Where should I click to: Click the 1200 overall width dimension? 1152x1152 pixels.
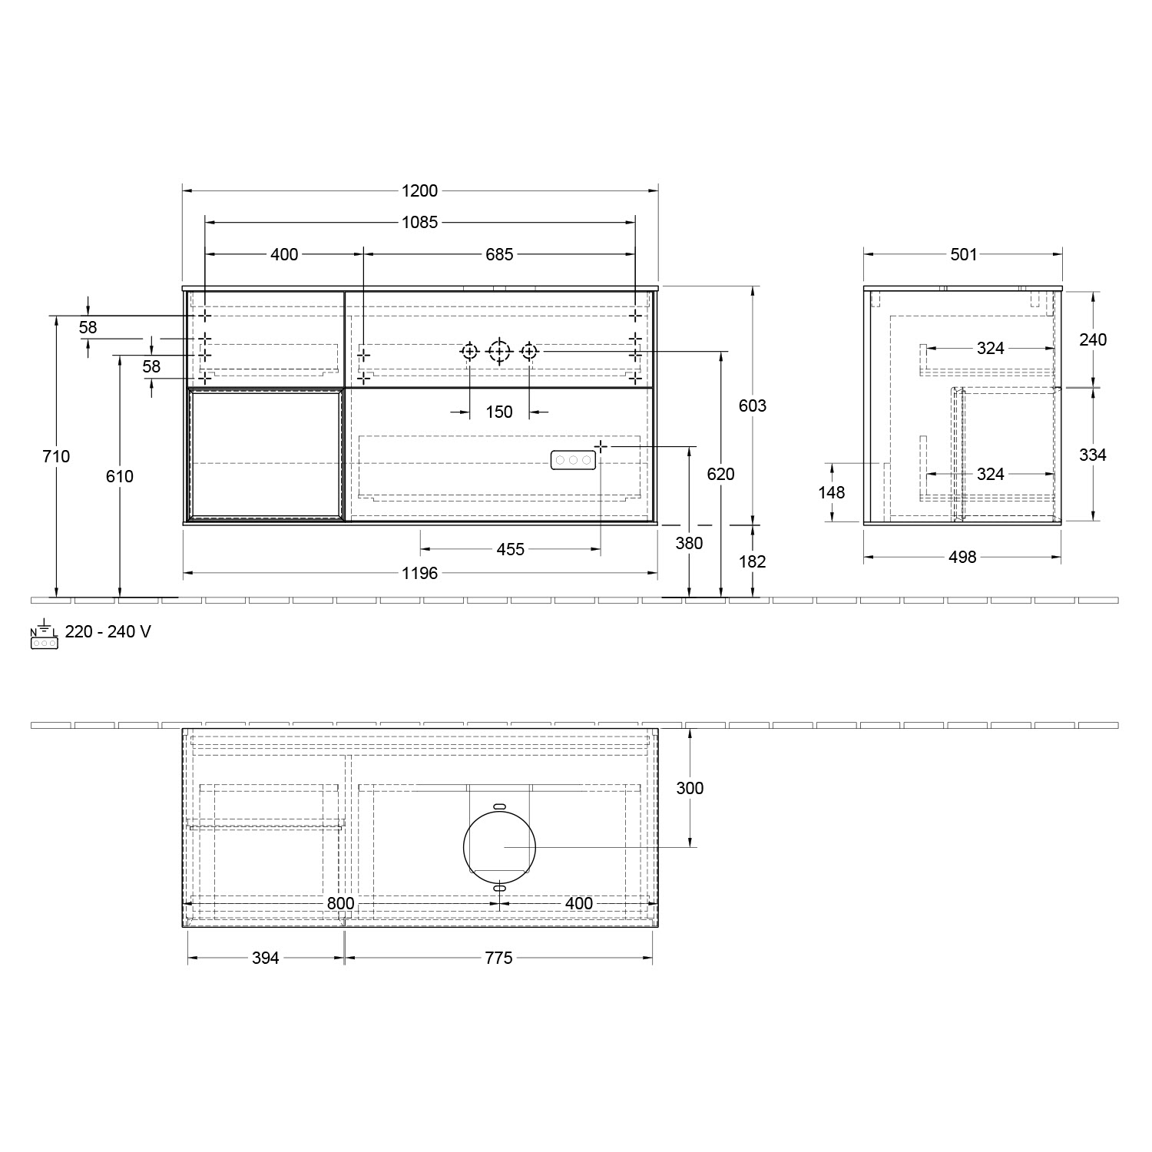(x=419, y=191)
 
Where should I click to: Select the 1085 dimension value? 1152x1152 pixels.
(x=419, y=223)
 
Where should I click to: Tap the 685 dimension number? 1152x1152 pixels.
(x=498, y=254)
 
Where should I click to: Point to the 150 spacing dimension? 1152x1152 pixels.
(x=498, y=412)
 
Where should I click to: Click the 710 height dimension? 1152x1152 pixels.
(x=56, y=456)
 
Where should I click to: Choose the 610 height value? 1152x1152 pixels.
(x=119, y=476)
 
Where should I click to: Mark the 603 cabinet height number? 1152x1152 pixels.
(x=752, y=406)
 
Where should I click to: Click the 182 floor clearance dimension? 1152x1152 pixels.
(x=752, y=561)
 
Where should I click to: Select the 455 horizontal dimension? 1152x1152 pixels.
(x=510, y=549)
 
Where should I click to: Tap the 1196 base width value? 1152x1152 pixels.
(x=419, y=573)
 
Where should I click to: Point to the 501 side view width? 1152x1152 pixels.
(x=963, y=254)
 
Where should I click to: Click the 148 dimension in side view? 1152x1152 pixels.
(x=831, y=492)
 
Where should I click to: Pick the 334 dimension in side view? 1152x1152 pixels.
(x=1092, y=455)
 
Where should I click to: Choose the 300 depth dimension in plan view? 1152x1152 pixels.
(x=690, y=788)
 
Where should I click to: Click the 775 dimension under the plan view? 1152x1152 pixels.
(x=498, y=958)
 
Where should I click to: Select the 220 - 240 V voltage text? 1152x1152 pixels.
(x=108, y=631)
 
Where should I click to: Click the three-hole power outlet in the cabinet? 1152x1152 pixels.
(x=573, y=459)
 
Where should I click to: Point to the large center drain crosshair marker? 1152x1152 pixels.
(x=499, y=352)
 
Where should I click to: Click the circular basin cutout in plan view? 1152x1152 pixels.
(x=499, y=846)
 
